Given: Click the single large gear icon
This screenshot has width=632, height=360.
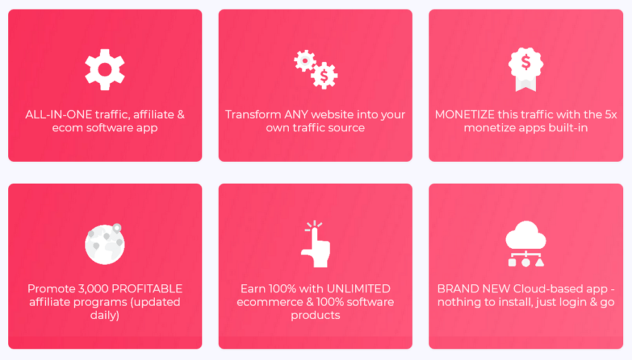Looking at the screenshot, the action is (105, 69).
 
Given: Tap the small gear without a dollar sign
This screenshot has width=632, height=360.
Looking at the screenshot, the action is (305, 61).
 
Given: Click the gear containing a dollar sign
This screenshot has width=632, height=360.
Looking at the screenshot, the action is (324, 75).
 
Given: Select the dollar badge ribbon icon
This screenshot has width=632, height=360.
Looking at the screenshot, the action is (526, 69).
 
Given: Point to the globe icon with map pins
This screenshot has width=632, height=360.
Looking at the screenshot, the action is (105, 244).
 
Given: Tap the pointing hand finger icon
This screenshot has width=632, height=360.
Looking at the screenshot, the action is (315, 244).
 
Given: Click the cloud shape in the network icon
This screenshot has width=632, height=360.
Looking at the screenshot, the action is (526, 235).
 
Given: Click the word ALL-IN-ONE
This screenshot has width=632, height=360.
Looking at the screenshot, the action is (59, 114).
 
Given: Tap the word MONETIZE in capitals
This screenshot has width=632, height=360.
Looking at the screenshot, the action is (465, 114).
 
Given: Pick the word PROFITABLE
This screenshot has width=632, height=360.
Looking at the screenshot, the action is (147, 289).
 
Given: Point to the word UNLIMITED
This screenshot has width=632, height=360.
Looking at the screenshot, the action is (358, 289).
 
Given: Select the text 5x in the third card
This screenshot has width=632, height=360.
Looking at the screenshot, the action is (611, 114).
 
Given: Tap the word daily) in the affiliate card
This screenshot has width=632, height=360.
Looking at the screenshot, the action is (105, 315).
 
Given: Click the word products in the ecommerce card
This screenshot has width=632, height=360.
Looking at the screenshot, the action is (315, 315).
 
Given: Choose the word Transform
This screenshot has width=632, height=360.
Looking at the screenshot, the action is (253, 114).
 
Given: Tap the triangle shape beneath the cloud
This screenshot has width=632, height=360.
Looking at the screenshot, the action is (540, 263).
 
